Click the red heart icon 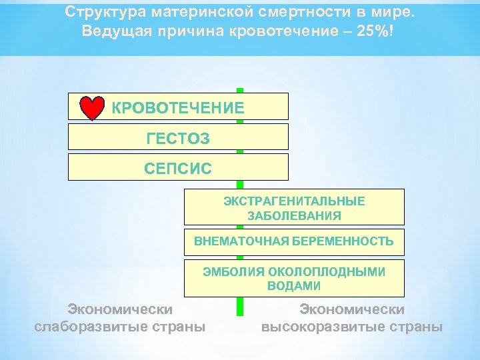(x=92, y=108)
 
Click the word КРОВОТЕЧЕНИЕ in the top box (x=178, y=107)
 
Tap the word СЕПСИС (x=178, y=168)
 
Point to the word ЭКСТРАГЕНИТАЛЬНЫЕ (x=294, y=201)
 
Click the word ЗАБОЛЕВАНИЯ (x=294, y=215)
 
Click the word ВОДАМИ (x=294, y=287)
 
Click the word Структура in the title (x=107, y=12)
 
